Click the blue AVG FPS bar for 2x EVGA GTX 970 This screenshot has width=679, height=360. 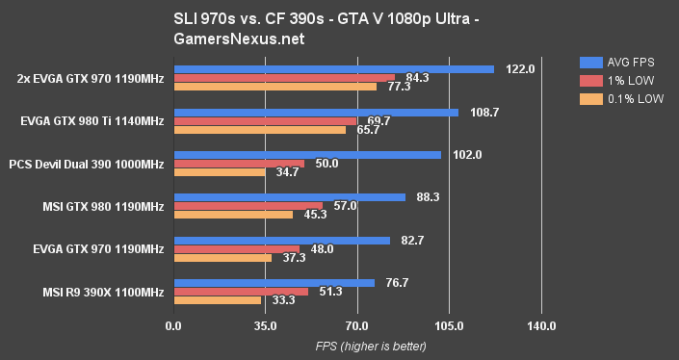click(x=333, y=69)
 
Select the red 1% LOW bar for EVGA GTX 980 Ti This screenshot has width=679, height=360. click(x=265, y=120)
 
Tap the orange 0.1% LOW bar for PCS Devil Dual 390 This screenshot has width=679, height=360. click(x=219, y=172)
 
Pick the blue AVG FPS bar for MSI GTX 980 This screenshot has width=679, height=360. click(x=289, y=197)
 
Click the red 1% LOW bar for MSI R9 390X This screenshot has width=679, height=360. click(x=241, y=292)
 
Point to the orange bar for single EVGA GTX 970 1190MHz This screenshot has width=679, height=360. click(x=222, y=258)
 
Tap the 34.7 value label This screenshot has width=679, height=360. click(x=287, y=172)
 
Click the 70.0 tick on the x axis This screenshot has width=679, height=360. click(x=357, y=326)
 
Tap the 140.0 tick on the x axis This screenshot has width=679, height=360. click(x=541, y=326)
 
